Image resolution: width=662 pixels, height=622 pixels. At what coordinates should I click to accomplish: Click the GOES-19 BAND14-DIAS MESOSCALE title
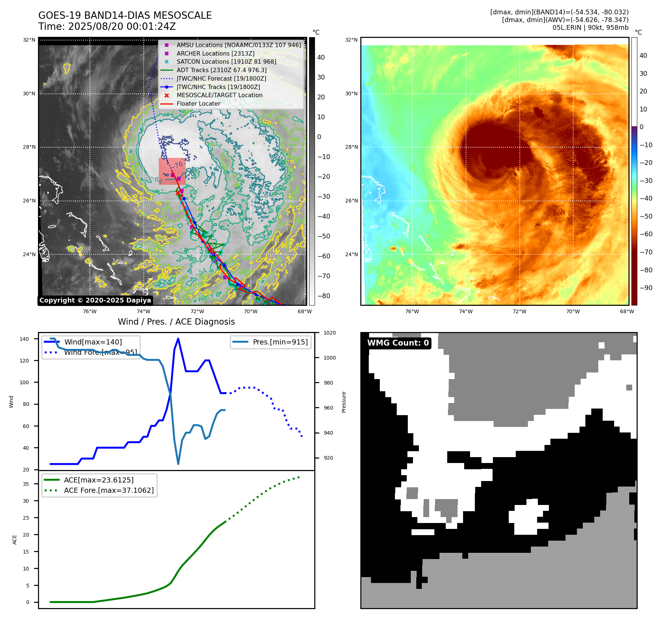pos(125,15)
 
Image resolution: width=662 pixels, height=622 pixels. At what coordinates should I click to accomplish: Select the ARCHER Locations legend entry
pos(215,53)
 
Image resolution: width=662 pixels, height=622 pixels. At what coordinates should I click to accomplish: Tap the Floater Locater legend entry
pos(198,103)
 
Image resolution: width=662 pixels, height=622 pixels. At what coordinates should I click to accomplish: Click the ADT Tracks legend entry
pos(221,70)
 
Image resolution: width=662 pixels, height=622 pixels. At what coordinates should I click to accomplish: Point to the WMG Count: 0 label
pos(398,343)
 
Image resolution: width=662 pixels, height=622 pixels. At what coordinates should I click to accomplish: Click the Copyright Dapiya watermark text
pos(95,300)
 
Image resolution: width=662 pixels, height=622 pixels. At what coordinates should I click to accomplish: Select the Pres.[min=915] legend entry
pos(280,342)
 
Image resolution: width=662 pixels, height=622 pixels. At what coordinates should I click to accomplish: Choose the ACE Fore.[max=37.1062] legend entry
pos(109,490)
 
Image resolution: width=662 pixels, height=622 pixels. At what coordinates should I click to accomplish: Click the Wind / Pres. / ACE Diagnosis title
pos(176,322)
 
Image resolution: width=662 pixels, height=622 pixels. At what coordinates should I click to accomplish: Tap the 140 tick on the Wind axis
pos(24,339)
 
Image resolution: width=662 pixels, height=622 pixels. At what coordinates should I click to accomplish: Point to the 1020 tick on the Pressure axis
pos(329,333)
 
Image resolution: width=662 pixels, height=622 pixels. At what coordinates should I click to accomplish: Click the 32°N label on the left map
pos(29,40)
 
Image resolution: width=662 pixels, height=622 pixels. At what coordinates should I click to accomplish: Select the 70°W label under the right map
pos(573,311)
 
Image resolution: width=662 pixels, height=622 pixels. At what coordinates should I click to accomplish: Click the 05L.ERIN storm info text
pos(590,28)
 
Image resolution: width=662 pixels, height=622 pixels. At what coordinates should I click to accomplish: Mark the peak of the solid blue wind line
pos(178,338)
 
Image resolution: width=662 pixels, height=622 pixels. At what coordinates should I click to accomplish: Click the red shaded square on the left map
pos(172,171)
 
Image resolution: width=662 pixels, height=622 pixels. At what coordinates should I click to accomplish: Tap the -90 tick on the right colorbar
pos(646,288)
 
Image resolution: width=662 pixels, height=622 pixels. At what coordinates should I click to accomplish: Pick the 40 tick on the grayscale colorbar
pos(321,57)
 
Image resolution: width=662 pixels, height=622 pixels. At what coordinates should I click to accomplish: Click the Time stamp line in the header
pos(107,26)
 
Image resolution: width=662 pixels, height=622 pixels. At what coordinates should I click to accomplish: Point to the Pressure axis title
pos(344,402)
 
